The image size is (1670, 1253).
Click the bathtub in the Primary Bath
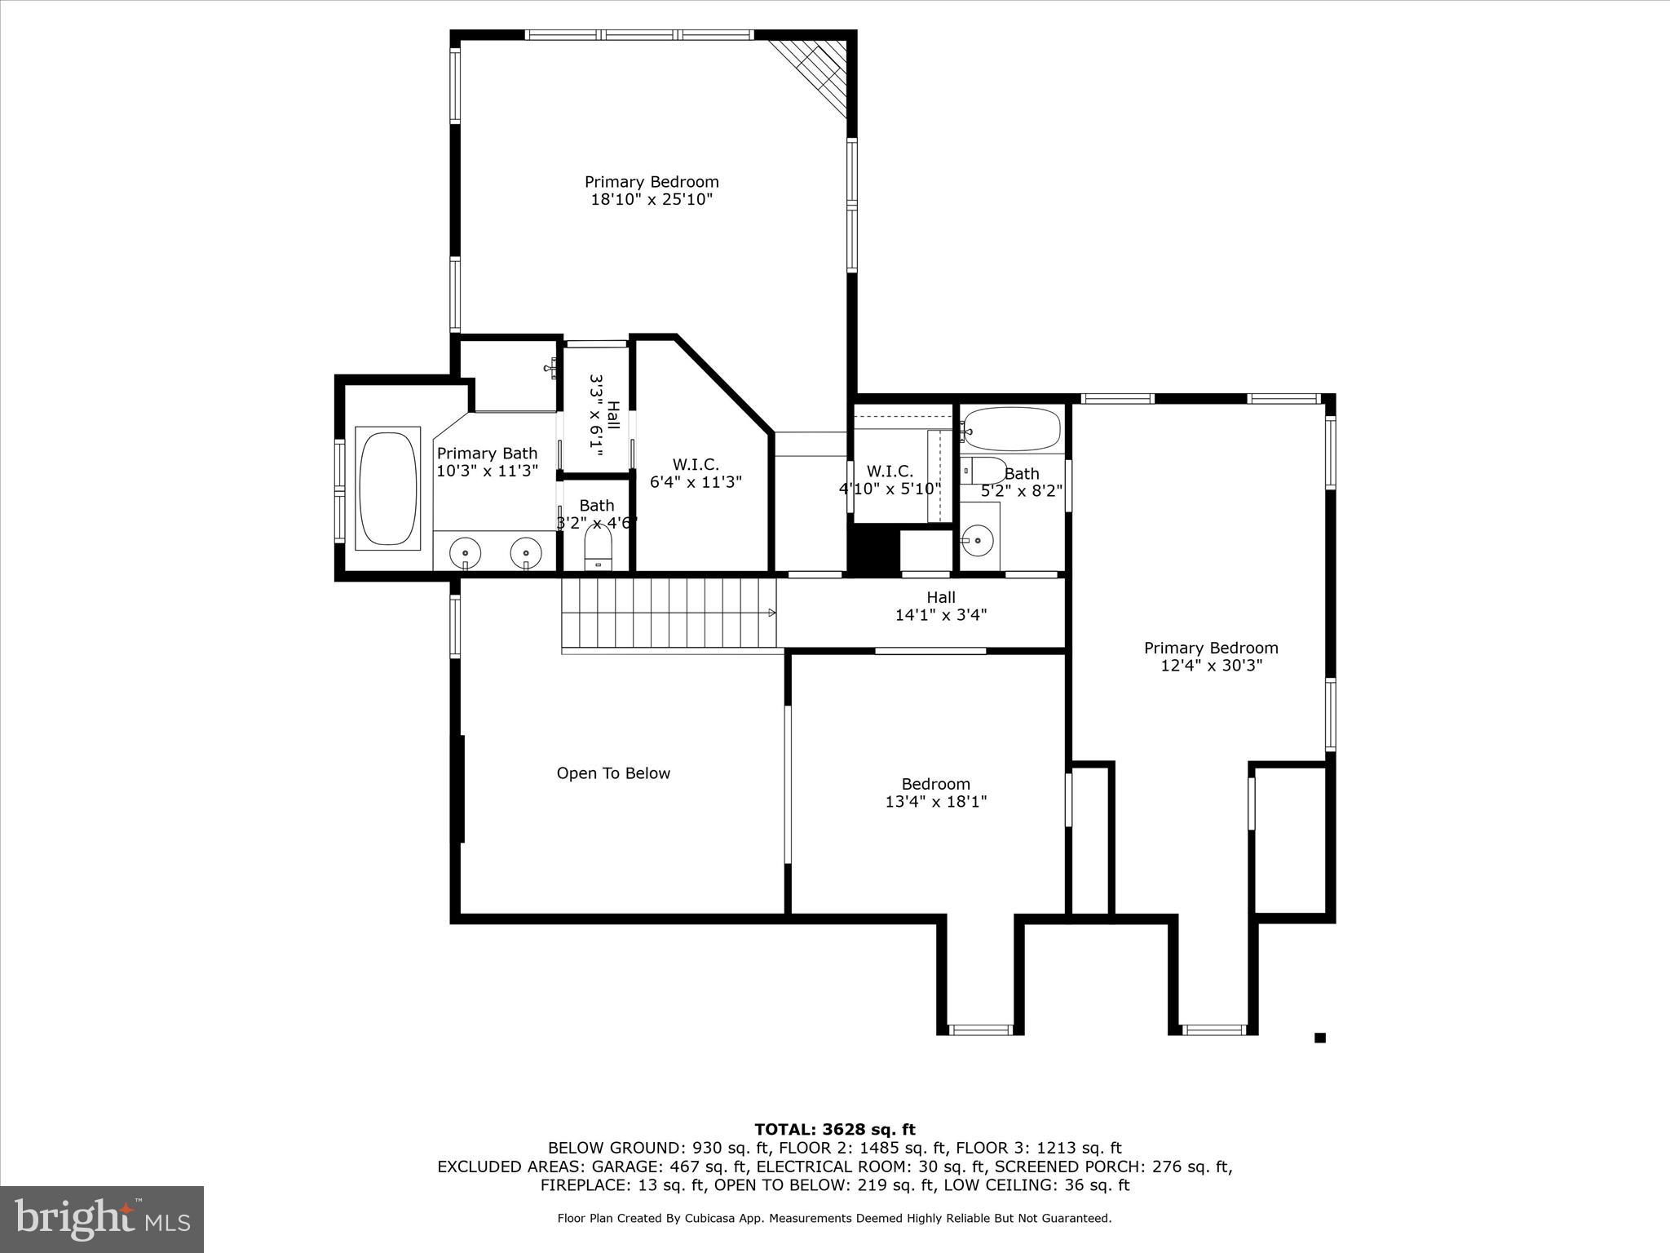click(x=387, y=488)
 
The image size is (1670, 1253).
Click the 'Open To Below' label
click(x=613, y=773)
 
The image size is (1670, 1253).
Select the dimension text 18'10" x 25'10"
click(x=652, y=200)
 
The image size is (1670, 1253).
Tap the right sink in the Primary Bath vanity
click(x=526, y=552)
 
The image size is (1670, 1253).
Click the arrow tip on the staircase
click(x=771, y=613)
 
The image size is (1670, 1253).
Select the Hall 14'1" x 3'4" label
click(x=941, y=606)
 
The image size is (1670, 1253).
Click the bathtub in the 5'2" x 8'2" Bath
click(x=1012, y=429)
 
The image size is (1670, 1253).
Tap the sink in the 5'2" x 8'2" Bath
click(x=977, y=539)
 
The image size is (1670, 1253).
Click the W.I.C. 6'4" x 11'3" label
click(x=696, y=473)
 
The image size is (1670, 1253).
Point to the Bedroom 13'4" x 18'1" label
click(x=936, y=793)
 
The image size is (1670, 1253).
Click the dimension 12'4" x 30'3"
click(x=1211, y=666)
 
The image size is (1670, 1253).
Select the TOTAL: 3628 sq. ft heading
click(x=835, y=1130)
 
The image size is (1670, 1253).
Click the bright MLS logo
click(x=102, y=1220)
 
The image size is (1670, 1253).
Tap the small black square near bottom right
click(x=1320, y=1038)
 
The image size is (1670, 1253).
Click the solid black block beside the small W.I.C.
click(x=873, y=549)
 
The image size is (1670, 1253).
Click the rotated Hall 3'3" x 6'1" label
click(x=604, y=415)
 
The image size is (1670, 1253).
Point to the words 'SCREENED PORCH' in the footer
click(x=1054, y=1167)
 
